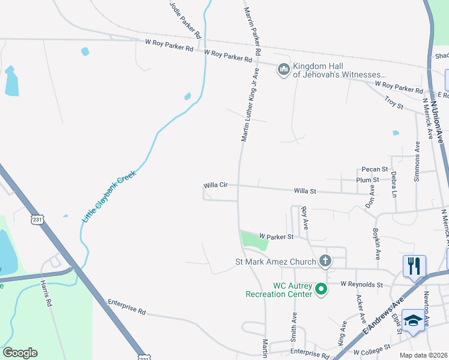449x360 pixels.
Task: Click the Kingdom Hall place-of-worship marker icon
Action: (283, 70)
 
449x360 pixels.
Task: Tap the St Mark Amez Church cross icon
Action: (325, 261)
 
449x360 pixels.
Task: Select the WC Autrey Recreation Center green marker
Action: (321, 289)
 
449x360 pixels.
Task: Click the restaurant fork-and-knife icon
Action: (414, 266)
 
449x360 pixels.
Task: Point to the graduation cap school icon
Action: (413, 321)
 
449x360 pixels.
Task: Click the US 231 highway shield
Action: (38, 220)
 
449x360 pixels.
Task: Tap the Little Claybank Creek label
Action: (110, 198)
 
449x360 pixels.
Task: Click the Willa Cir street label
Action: (215, 185)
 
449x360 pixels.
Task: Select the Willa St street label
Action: (305, 191)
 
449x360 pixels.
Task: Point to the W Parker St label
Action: (276, 237)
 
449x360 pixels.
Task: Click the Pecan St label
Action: (375, 170)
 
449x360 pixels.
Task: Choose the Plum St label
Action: (367, 179)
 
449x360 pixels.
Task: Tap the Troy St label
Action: (394, 103)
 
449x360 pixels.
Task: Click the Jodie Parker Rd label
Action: (184, 17)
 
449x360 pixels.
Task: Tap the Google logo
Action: (20, 353)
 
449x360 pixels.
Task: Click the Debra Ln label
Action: (394, 185)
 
